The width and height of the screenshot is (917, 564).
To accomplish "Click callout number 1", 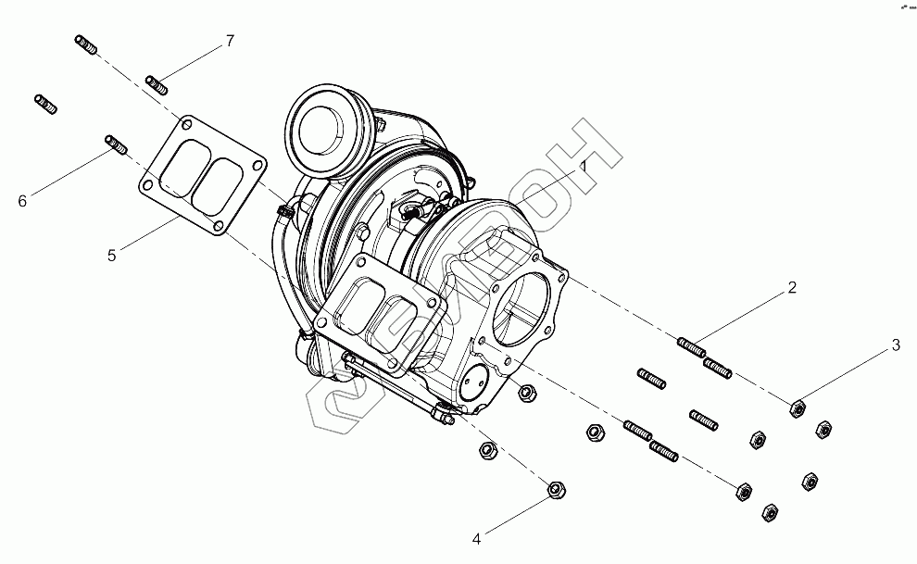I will click(x=584, y=164).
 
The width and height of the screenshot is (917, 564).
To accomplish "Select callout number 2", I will click(x=792, y=287).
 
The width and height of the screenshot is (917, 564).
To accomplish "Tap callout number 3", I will click(x=896, y=345).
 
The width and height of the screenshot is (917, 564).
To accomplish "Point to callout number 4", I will click(x=477, y=537).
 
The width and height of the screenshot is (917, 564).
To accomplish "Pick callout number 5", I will click(x=111, y=255).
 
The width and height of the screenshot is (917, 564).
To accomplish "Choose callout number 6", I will click(x=23, y=200).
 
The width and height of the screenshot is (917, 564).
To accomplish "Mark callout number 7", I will click(x=229, y=41).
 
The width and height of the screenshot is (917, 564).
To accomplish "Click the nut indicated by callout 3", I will click(x=796, y=407).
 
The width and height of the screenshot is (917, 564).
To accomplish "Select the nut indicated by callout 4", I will click(x=556, y=488).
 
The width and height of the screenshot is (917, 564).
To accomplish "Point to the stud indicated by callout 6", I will click(x=115, y=144).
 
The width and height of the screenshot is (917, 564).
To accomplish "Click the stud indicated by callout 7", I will click(x=157, y=84).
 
